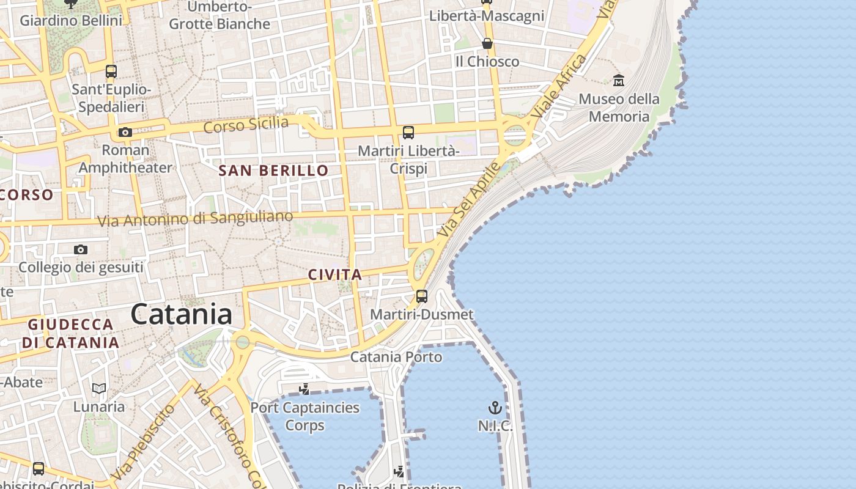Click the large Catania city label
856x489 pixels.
click(181, 314)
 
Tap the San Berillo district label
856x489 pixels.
click(274, 171)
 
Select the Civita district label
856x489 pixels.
click(335, 275)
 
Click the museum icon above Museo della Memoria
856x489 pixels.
click(619, 80)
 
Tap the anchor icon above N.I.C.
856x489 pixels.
click(495, 408)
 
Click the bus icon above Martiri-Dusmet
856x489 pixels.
click(422, 296)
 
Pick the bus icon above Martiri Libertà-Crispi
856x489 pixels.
click(408, 132)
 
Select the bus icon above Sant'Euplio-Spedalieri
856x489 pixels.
click(111, 72)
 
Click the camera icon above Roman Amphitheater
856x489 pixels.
click(125, 132)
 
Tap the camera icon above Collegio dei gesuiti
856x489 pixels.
click(81, 249)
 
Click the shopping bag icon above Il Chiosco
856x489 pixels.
click(487, 43)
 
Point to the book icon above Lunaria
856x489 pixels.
click(99, 388)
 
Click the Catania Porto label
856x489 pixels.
click(396, 356)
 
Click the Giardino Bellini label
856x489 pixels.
click(71, 20)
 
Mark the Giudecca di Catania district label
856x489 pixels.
click(71, 333)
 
